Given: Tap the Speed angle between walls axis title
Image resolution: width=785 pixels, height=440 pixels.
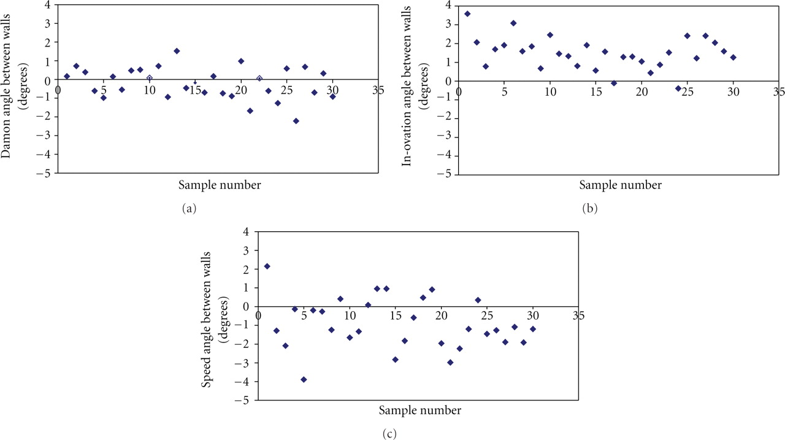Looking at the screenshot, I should (212, 317).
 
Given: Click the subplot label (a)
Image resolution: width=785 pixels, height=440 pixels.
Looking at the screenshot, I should (189, 209).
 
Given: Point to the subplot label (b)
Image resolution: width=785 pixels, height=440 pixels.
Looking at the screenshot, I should (589, 209).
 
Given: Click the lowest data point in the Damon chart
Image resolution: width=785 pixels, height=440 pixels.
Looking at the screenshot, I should (296, 121).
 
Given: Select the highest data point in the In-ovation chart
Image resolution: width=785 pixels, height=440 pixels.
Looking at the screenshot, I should (467, 14).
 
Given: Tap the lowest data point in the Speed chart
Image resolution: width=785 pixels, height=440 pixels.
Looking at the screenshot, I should (304, 379).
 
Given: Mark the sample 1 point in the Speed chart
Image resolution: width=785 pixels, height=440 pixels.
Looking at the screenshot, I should (267, 266).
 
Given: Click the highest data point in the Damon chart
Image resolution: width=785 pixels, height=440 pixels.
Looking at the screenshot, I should (177, 51).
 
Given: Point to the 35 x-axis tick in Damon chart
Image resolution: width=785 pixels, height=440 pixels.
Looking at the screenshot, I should (378, 90).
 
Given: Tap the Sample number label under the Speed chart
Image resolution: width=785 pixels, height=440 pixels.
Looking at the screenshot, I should (419, 410).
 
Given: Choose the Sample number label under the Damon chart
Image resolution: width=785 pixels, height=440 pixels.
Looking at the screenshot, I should (220, 184).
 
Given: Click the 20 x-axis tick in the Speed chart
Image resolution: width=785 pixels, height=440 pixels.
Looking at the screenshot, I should (441, 316).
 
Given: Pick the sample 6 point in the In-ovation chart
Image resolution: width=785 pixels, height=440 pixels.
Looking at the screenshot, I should (513, 23).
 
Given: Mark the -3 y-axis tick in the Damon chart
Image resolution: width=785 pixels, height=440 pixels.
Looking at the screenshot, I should (47, 137).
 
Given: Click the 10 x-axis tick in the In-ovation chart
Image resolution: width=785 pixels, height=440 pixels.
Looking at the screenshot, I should (550, 90).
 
